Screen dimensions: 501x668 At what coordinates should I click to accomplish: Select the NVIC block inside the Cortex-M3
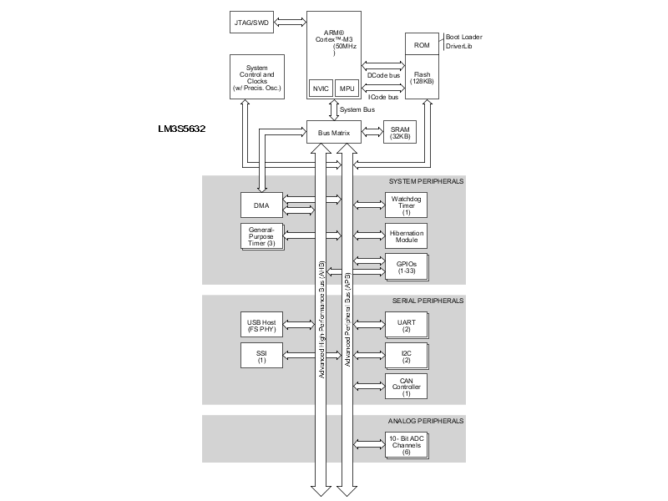320,89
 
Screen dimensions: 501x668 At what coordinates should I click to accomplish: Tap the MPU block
346,89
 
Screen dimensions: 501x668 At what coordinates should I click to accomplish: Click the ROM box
422,44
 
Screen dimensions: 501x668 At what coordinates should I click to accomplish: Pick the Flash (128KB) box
422,78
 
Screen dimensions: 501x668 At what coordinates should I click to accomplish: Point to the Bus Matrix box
333,133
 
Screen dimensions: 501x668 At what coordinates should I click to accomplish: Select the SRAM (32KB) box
400,133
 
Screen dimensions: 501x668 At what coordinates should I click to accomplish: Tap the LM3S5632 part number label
181,129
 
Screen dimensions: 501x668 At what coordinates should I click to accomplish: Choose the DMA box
261,204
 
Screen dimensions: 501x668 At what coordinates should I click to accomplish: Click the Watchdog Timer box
406,204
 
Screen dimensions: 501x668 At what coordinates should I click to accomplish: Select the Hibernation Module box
406,235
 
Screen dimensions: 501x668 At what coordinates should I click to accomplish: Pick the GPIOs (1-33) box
406,266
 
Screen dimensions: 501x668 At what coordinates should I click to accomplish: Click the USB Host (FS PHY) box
261,325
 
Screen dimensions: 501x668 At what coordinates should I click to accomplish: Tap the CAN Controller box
406,385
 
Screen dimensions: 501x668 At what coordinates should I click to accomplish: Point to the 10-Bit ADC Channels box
406,444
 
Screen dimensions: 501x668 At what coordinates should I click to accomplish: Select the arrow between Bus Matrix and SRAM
372,133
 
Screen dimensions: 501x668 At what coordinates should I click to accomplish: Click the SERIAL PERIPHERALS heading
427,301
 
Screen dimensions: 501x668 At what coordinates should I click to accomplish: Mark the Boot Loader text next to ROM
465,38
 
